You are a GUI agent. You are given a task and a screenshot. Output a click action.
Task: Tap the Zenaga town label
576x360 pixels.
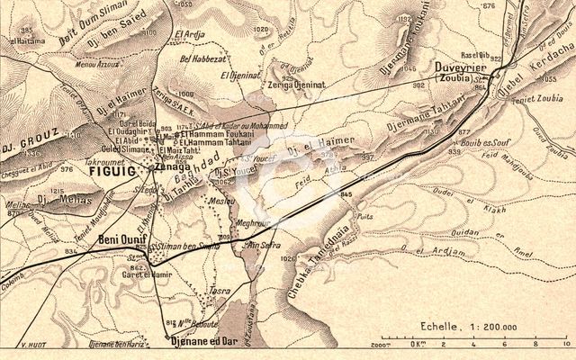coord(173,166)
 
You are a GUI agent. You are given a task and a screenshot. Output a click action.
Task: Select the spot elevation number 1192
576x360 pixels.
coord(404,17)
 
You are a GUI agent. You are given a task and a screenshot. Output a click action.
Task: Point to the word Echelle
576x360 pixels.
coord(434,328)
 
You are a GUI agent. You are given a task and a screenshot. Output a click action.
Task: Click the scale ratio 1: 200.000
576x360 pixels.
coord(490,328)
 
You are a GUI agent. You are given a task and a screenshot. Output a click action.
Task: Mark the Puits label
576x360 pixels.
coord(365,216)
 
